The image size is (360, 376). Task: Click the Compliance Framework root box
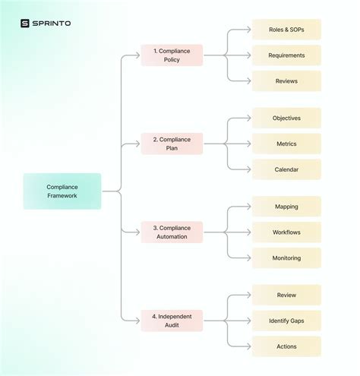coord(62,191)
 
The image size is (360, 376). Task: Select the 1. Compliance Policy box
coord(172,55)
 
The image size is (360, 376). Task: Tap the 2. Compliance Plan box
coord(172,144)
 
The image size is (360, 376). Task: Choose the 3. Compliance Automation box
coord(172,232)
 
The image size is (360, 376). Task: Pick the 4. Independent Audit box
coord(172,321)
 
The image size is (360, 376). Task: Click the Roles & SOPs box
coord(286,30)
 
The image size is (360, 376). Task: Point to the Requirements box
coord(286,55)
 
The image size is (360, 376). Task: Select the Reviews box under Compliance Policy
coord(286,81)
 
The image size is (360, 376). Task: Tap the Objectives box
coord(286,118)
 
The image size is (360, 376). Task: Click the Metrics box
coord(286,144)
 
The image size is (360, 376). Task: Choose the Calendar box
coord(286,169)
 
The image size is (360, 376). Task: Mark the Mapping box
coord(286,207)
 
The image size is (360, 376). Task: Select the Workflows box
coord(286,232)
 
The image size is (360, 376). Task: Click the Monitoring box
coord(286,258)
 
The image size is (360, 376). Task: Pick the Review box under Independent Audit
coord(286,295)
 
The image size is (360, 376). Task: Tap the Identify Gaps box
coord(286,321)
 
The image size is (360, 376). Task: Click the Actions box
coord(286,346)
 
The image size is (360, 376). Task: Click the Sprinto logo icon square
coord(25,24)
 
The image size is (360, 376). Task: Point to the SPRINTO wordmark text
coord(52,24)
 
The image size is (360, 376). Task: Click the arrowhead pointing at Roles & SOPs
coord(248,30)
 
